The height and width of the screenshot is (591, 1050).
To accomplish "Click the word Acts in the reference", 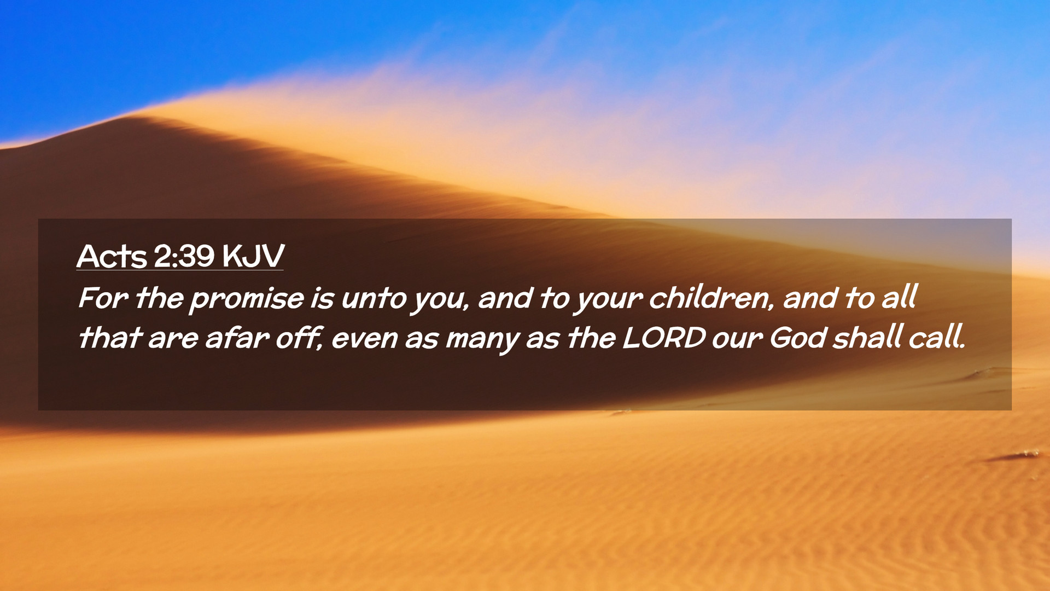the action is (x=112, y=256).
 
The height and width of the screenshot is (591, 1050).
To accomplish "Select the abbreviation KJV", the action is (x=253, y=256).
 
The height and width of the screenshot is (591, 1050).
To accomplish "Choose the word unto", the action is (x=374, y=299).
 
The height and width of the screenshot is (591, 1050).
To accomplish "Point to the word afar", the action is (x=237, y=338).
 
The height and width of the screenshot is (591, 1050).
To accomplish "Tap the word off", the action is (x=299, y=338).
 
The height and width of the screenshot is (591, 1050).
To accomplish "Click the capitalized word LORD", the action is (x=664, y=338).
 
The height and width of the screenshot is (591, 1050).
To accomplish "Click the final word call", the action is (x=937, y=338).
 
